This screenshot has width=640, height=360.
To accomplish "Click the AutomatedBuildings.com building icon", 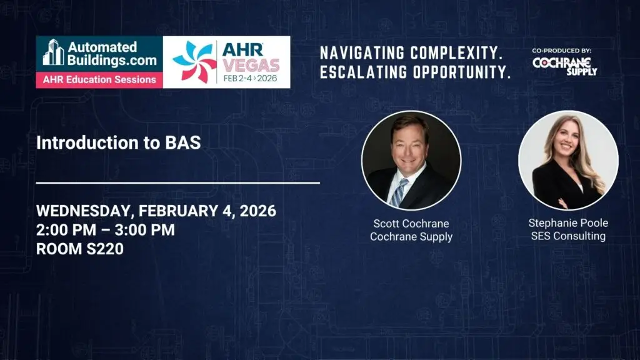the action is click(x=54, y=52).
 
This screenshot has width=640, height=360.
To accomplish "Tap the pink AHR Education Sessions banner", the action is click(x=99, y=79).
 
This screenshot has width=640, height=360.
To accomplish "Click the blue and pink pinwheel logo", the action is click(x=194, y=62).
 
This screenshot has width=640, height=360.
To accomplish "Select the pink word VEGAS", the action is click(x=251, y=65).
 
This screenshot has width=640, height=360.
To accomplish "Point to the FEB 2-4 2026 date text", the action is click(x=250, y=78).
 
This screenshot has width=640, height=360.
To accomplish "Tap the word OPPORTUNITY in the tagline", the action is click(x=462, y=72).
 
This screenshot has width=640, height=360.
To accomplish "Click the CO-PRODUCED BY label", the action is click(x=562, y=51).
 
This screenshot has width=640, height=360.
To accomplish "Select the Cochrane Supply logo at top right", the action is click(x=565, y=66).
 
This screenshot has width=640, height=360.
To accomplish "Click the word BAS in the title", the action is click(x=183, y=142).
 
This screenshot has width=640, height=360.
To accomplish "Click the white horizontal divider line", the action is click(x=178, y=183).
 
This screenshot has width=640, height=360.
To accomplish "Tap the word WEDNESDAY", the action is click(x=83, y=211).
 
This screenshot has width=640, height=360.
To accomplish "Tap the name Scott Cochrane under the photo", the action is click(x=411, y=224).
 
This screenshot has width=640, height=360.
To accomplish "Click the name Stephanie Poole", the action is click(x=568, y=223).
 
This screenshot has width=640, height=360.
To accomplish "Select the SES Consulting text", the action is click(x=568, y=236).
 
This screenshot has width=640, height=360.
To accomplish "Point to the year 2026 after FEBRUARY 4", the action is click(x=258, y=211).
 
